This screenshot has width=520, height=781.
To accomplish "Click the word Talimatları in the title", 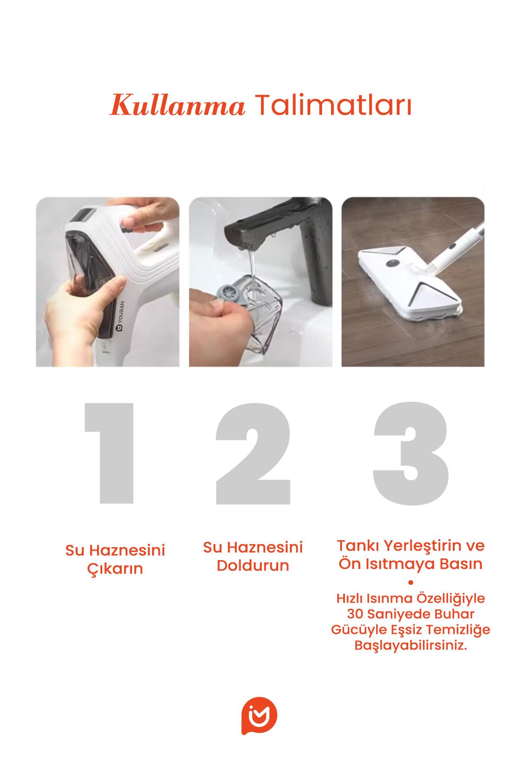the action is (333, 107).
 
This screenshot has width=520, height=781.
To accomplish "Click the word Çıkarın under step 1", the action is (115, 569).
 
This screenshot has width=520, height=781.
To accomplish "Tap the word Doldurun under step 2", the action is (253, 566).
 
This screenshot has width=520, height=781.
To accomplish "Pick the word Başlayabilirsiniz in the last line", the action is (411, 645).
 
